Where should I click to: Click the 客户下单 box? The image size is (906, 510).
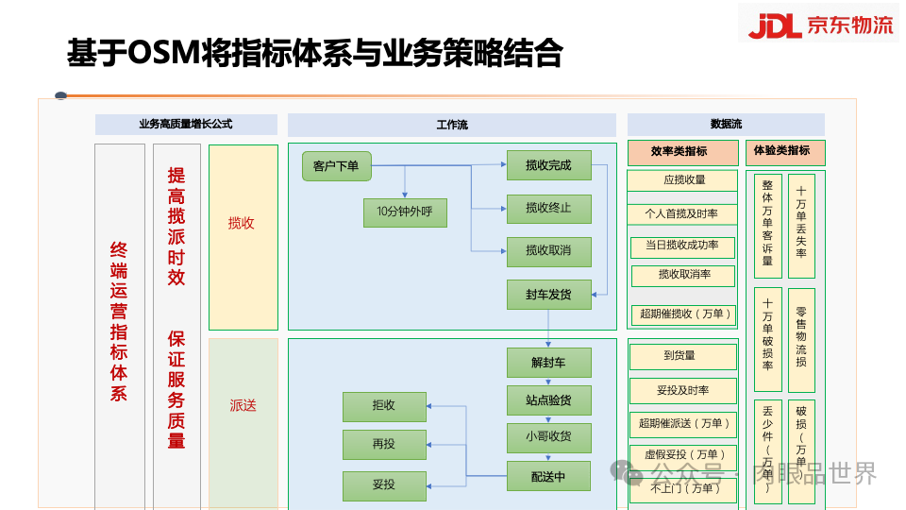pyautogui.click(x=336, y=166)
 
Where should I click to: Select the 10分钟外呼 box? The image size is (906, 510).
pyautogui.click(x=405, y=212)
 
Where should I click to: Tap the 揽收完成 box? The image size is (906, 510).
pyautogui.click(x=548, y=166)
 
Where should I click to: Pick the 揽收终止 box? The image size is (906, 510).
pyautogui.click(x=548, y=208)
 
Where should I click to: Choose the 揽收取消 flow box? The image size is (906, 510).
pyautogui.click(x=548, y=250)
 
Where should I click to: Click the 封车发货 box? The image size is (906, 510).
pyautogui.click(x=548, y=295)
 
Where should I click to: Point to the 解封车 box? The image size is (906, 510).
pyautogui.click(x=548, y=363)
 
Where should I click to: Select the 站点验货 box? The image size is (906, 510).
pyautogui.click(x=548, y=399)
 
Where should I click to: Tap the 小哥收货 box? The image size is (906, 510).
pyautogui.click(x=548, y=437)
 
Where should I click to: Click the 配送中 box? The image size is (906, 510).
pyautogui.click(x=548, y=477)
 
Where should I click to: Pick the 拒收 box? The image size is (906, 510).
pyautogui.click(x=384, y=406)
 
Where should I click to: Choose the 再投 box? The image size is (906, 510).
pyautogui.click(x=384, y=444)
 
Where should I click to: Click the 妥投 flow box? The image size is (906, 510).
pyautogui.click(x=384, y=485)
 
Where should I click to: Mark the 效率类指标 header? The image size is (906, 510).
pyautogui.click(x=682, y=152)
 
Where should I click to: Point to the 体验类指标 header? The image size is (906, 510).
pyautogui.click(x=784, y=152)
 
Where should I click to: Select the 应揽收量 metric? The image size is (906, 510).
pyautogui.click(x=684, y=180)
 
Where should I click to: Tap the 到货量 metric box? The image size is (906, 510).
pyautogui.click(x=683, y=356)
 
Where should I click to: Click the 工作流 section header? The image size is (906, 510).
pyautogui.click(x=452, y=125)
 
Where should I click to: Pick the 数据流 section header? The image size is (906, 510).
pyautogui.click(x=726, y=125)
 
